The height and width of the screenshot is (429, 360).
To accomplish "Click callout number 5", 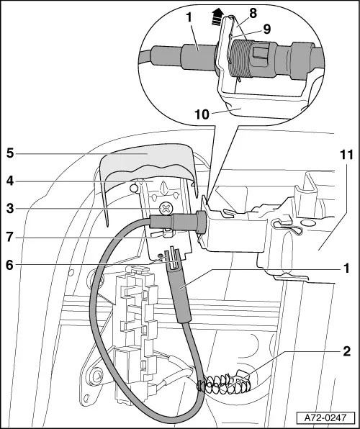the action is click(10, 153).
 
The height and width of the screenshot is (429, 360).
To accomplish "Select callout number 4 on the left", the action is click(10, 181).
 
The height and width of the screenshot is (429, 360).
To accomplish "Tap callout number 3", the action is click(10, 209).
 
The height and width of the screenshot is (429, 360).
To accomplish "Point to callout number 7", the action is click(10, 237).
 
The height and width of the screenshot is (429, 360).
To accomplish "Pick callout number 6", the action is click(10, 265).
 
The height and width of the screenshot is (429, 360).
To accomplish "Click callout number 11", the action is click(346, 155).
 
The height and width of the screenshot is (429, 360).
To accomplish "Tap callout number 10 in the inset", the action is click(202, 114).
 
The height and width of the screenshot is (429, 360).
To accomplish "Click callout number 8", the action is click(253, 13).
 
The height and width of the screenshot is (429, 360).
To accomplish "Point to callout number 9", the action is click(267, 29).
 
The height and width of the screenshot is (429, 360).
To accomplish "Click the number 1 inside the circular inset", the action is click(189, 17).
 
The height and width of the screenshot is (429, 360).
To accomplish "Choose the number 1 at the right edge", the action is click(346, 268).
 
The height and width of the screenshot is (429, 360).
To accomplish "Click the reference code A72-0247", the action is click(325, 417).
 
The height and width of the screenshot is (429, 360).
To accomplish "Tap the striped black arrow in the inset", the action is click(217, 17).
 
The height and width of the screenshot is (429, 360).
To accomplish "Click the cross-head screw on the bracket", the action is click(166, 209).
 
